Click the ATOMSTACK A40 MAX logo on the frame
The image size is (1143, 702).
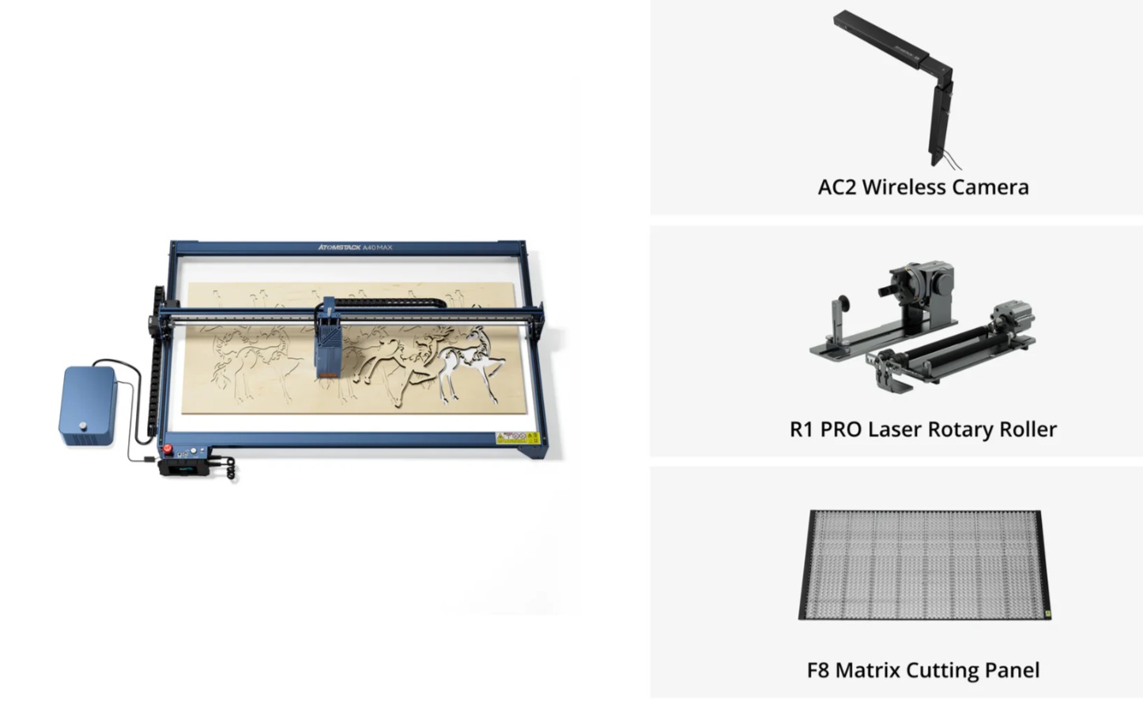coord(355,247)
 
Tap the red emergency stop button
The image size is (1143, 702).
coord(167,448)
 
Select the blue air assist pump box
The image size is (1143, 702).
coord(88,405)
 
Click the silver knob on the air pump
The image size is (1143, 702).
coord(83,425)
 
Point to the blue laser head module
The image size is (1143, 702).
coord(327,339)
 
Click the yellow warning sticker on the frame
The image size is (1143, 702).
coord(517,438)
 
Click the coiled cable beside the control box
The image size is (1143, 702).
coord(230,468)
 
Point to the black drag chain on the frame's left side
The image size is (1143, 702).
coord(156,363)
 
